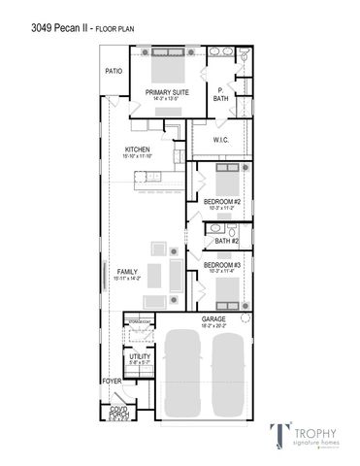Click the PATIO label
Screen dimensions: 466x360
pos(115,72)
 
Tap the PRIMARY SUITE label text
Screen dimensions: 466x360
pos(167,92)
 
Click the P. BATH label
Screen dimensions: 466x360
pos(220,94)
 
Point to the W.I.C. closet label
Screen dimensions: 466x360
pos(221,140)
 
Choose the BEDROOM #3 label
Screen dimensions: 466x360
pos(222,264)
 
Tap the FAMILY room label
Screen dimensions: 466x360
pos(127,271)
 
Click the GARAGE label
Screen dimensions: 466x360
pos(213,318)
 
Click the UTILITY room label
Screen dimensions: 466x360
pos(139,357)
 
